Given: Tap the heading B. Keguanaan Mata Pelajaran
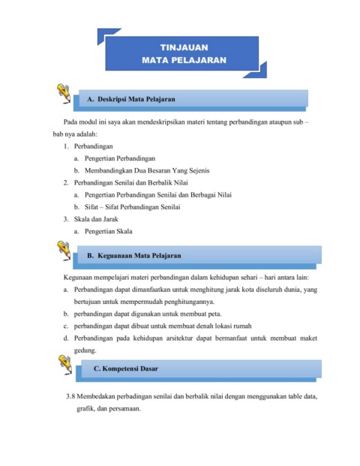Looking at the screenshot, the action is [x=134, y=256].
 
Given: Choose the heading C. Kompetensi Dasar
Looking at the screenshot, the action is [x=125, y=369].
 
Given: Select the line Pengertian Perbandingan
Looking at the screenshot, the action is [x=119, y=158].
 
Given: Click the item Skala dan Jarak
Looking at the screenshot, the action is [x=92, y=219].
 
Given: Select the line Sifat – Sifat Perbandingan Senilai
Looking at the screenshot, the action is [x=139, y=206].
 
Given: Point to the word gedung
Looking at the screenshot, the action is [x=86, y=350].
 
